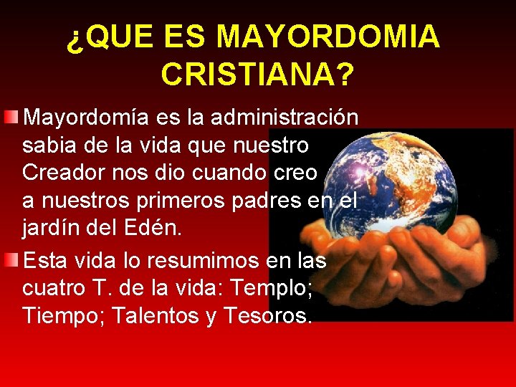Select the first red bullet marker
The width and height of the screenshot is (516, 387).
click(11, 117)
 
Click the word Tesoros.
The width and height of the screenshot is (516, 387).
click(267, 316)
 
